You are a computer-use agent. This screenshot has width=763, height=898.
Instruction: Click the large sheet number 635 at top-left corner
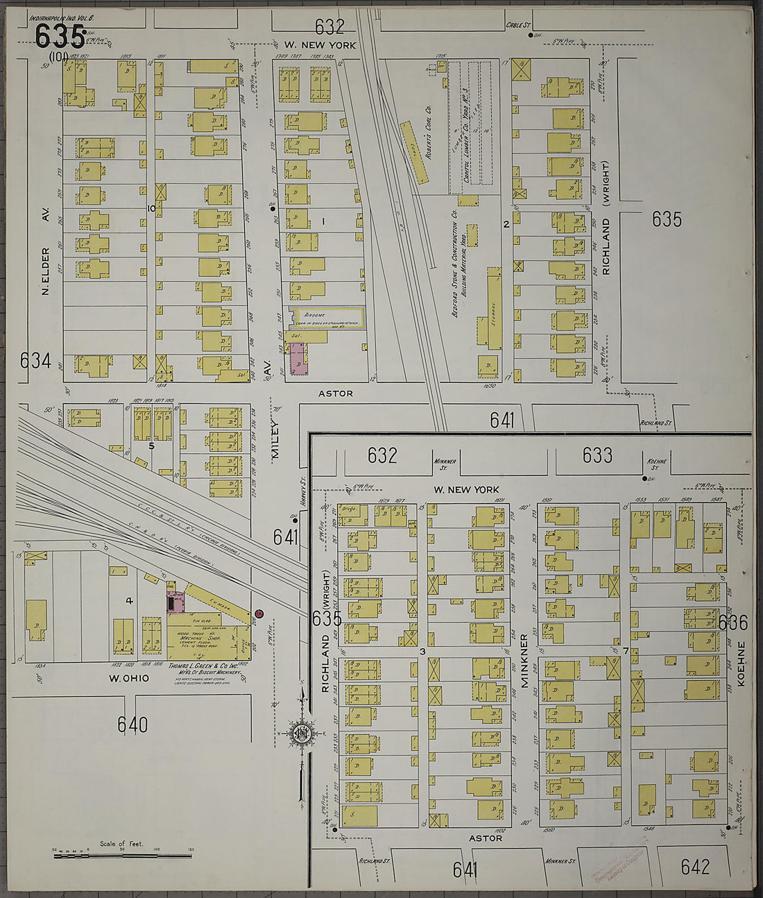(x=60, y=36)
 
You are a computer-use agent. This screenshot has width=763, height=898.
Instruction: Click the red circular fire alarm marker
(x=259, y=613)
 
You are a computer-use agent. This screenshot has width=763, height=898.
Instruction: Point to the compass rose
(x=302, y=734)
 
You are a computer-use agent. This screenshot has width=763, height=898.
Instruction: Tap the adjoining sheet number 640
(x=132, y=725)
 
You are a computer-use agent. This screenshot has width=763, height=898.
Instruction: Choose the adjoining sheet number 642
(x=695, y=866)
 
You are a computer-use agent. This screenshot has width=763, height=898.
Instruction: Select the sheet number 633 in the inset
(x=597, y=455)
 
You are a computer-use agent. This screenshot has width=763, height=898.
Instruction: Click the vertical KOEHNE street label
(x=741, y=663)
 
